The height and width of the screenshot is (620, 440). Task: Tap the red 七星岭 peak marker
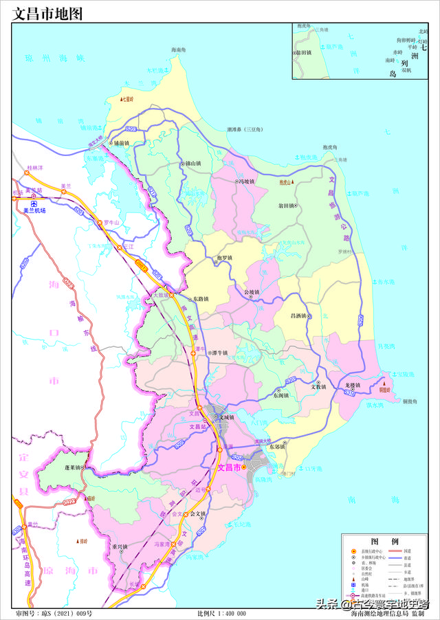(122, 100)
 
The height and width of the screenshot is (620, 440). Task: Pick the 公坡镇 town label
(253, 291)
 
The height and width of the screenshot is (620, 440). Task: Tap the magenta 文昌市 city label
(229, 467)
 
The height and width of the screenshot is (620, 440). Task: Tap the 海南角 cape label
(179, 50)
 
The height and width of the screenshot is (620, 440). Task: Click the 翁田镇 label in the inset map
(304, 52)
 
